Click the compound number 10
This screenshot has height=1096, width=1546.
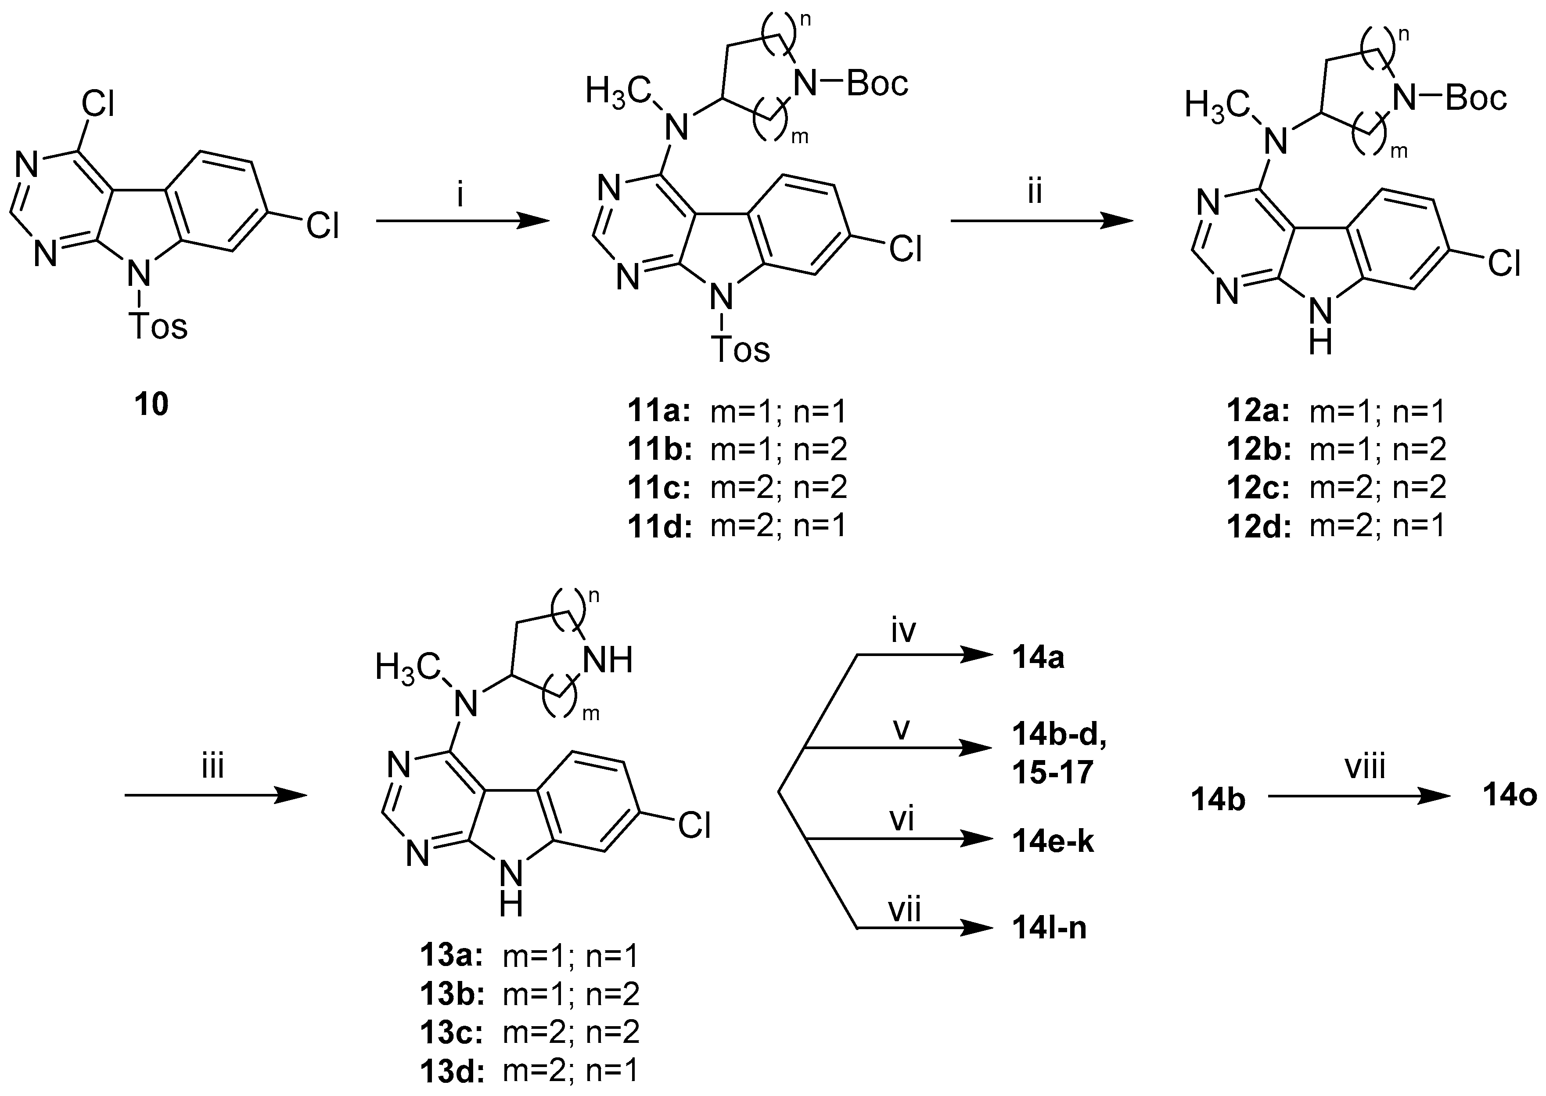(x=151, y=405)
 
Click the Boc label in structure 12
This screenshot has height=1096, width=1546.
(x=1476, y=98)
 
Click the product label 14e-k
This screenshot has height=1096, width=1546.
(x=1052, y=842)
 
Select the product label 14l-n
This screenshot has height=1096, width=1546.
(x=1049, y=929)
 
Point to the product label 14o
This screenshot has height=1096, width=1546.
(x=1509, y=797)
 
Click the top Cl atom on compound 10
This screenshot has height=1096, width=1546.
(x=98, y=105)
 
